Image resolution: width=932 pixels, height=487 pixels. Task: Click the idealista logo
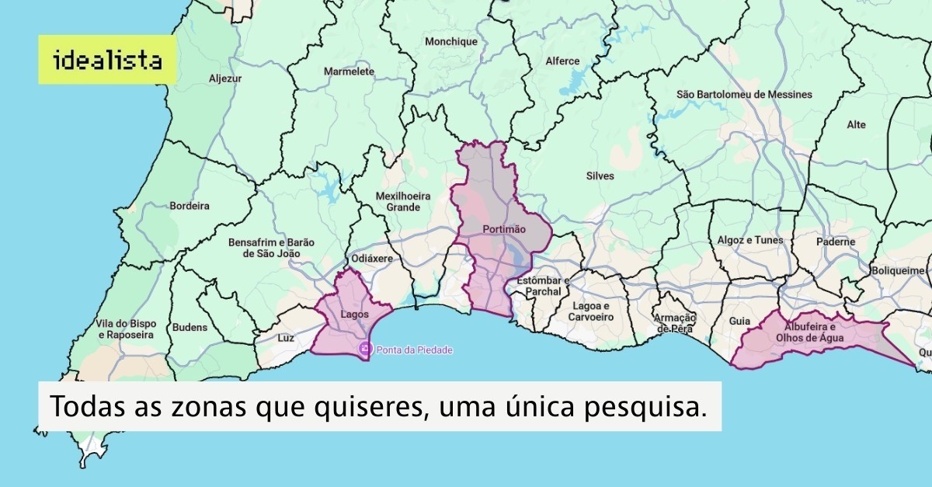pos(108,60)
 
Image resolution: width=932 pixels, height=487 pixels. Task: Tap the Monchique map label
pos(451,41)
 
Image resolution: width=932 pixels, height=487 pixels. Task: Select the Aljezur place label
pos(225,78)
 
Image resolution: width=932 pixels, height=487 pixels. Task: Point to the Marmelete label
pos(349,71)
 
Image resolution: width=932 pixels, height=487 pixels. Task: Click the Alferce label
pos(562,61)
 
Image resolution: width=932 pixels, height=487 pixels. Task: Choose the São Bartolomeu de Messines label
pos(744,95)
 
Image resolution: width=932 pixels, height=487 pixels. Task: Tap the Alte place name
pos(856,124)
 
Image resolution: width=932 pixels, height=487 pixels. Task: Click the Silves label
pos(600,176)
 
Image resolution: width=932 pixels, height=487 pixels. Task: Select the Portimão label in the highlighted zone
pos(503,229)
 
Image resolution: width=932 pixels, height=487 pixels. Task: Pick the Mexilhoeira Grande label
pos(398,202)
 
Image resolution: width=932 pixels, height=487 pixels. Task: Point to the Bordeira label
pos(190,207)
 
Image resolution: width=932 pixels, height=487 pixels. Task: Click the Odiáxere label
pos(372,258)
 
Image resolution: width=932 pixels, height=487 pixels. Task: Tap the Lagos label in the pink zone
pos(354,315)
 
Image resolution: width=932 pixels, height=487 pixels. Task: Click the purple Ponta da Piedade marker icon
pos(365,350)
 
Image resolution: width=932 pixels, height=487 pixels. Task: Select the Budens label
pos(190,327)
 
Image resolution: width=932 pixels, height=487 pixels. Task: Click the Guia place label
pos(739,321)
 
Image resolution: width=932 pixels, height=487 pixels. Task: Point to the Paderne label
pos(835,242)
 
